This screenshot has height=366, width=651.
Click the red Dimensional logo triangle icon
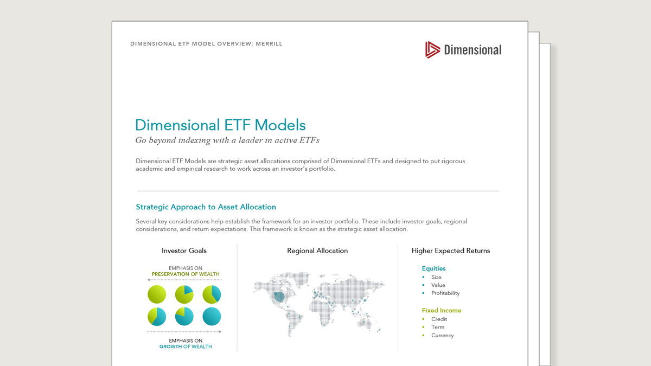click(x=432, y=50)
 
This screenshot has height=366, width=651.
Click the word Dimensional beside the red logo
click(x=472, y=50)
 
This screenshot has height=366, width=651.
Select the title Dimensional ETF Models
click(x=220, y=125)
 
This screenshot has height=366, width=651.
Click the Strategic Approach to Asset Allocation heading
click(x=206, y=207)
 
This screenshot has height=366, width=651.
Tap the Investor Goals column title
click(x=184, y=251)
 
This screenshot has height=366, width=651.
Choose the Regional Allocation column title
click(x=317, y=251)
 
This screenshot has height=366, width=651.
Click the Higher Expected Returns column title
click(x=450, y=251)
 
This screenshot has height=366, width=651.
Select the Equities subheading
click(x=433, y=268)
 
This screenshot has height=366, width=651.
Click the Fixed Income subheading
click(x=441, y=311)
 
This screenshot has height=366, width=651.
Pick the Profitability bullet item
click(x=445, y=293)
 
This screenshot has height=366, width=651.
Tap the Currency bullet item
click(x=442, y=336)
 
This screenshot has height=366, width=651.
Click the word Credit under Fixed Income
click(x=439, y=319)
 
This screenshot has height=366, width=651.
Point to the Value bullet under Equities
click(x=438, y=285)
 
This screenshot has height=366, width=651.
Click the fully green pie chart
click(x=157, y=294)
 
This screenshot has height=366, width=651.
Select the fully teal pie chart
click(x=212, y=317)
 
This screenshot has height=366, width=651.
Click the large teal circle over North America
click(x=279, y=297)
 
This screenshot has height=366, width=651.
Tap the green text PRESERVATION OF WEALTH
click(x=186, y=274)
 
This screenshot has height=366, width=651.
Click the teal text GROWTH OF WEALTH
click(x=186, y=346)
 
